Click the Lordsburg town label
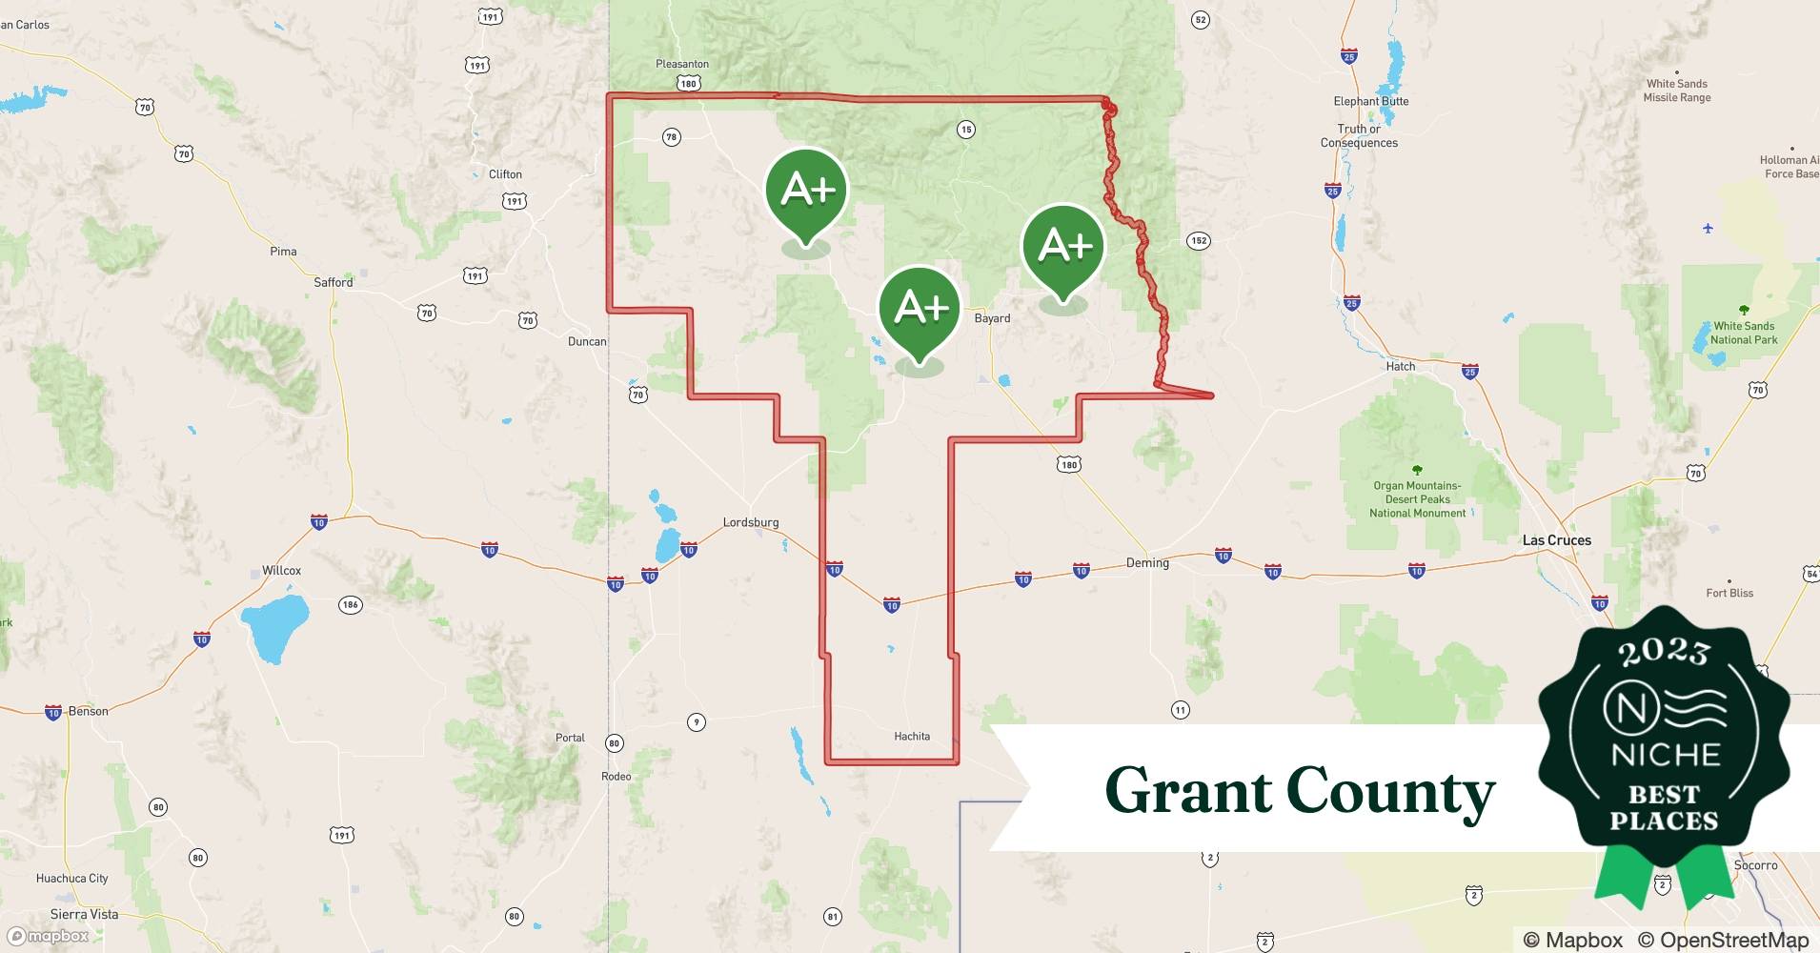click(x=751, y=522)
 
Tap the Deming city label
click(x=1147, y=562)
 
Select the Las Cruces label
click(x=1556, y=540)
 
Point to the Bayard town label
click(x=992, y=318)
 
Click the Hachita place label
click(x=912, y=736)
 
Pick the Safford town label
click(x=334, y=282)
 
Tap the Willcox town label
click(x=281, y=570)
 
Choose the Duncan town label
click(x=587, y=341)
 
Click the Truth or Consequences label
click(x=1359, y=135)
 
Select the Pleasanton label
click(x=682, y=64)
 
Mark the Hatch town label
click(x=1400, y=366)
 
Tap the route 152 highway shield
click(x=1199, y=240)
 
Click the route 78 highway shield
click(x=672, y=137)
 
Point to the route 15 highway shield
click(x=966, y=129)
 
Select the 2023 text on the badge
click(x=1664, y=651)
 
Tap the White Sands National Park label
click(x=1744, y=333)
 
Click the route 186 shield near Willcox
click(x=351, y=604)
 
